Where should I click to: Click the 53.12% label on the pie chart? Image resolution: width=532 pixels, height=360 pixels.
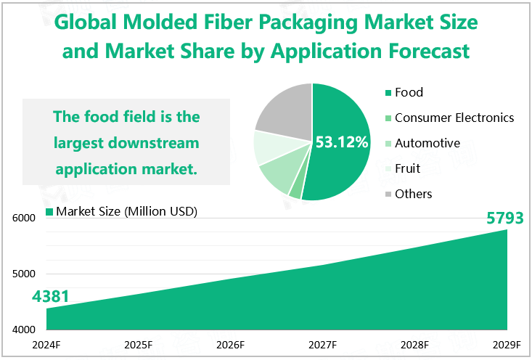[342, 142]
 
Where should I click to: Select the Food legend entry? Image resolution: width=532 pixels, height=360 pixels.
[409, 92]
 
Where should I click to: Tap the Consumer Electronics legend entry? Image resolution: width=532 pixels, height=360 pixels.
[454, 118]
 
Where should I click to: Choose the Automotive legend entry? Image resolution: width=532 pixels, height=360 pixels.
[427, 143]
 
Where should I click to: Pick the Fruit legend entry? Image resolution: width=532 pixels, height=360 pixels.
[407, 168]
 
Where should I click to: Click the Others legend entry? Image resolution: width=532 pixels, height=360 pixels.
[413, 194]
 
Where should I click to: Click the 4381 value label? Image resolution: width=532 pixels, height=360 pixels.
[50, 296]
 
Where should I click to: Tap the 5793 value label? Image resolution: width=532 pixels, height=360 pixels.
[504, 217]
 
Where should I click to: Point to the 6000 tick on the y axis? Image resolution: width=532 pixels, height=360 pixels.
[22, 218]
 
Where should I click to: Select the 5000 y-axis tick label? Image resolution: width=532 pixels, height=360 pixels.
[22, 274]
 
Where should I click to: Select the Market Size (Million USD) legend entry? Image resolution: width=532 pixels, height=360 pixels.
[121, 211]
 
